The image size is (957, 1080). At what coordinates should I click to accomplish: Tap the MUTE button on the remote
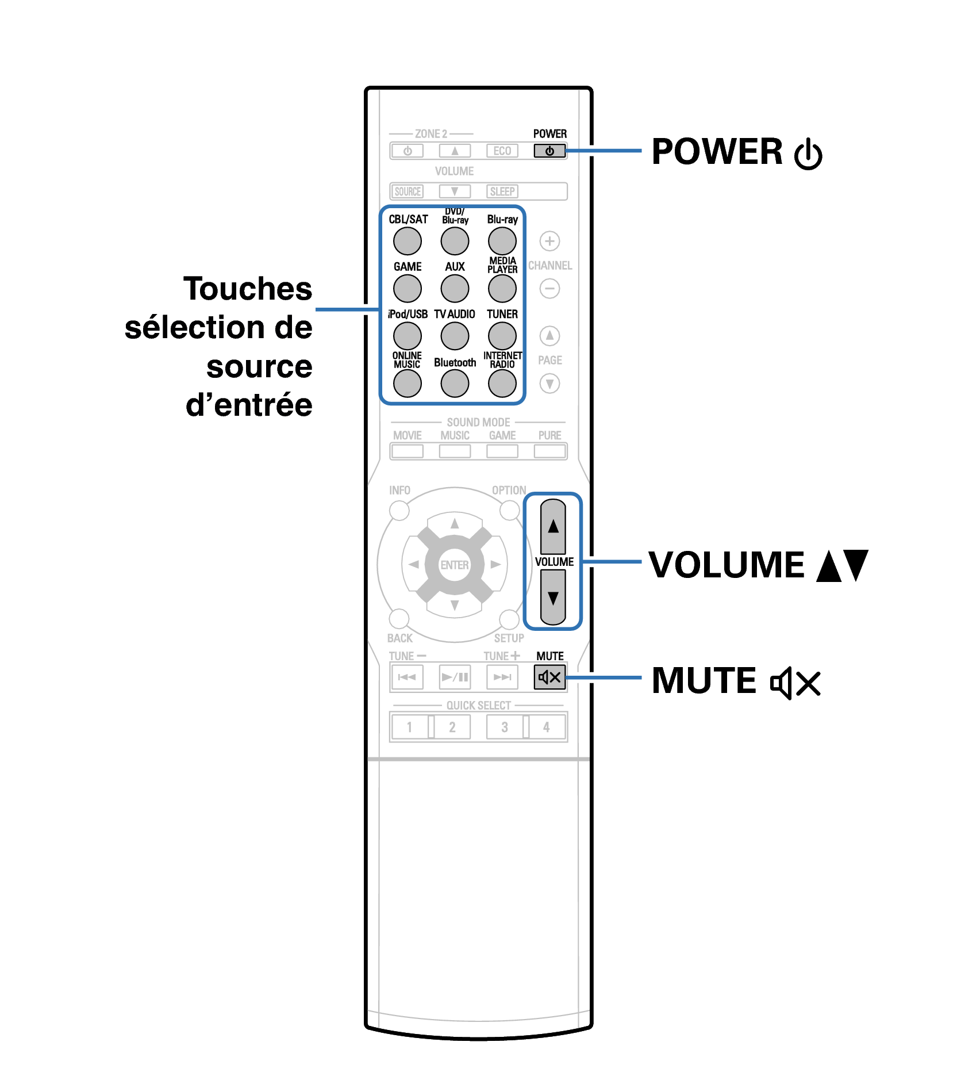click(x=549, y=677)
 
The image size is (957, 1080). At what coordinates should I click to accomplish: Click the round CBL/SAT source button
click(x=408, y=241)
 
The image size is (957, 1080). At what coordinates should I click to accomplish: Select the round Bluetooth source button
click(x=455, y=384)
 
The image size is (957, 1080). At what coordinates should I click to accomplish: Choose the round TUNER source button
click(x=502, y=336)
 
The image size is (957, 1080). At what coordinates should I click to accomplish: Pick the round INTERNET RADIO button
click(x=502, y=384)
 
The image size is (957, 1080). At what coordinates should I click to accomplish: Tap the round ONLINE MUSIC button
click(x=408, y=384)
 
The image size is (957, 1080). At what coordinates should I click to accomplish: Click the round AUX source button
click(x=455, y=289)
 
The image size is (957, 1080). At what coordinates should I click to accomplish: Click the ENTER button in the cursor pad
click(x=455, y=565)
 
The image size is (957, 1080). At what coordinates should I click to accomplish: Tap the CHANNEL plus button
click(x=550, y=241)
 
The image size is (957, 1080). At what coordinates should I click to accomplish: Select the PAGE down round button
click(x=550, y=384)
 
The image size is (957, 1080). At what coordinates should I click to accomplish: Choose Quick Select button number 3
click(x=505, y=727)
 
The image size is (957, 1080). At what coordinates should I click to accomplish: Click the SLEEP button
click(x=502, y=192)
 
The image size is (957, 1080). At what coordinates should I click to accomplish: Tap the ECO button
click(x=502, y=151)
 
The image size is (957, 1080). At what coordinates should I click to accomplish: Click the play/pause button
click(x=455, y=677)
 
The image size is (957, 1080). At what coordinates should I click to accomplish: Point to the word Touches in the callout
click(x=248, y=289)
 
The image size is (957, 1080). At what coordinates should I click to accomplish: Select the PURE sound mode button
click(x=550, y=451)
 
